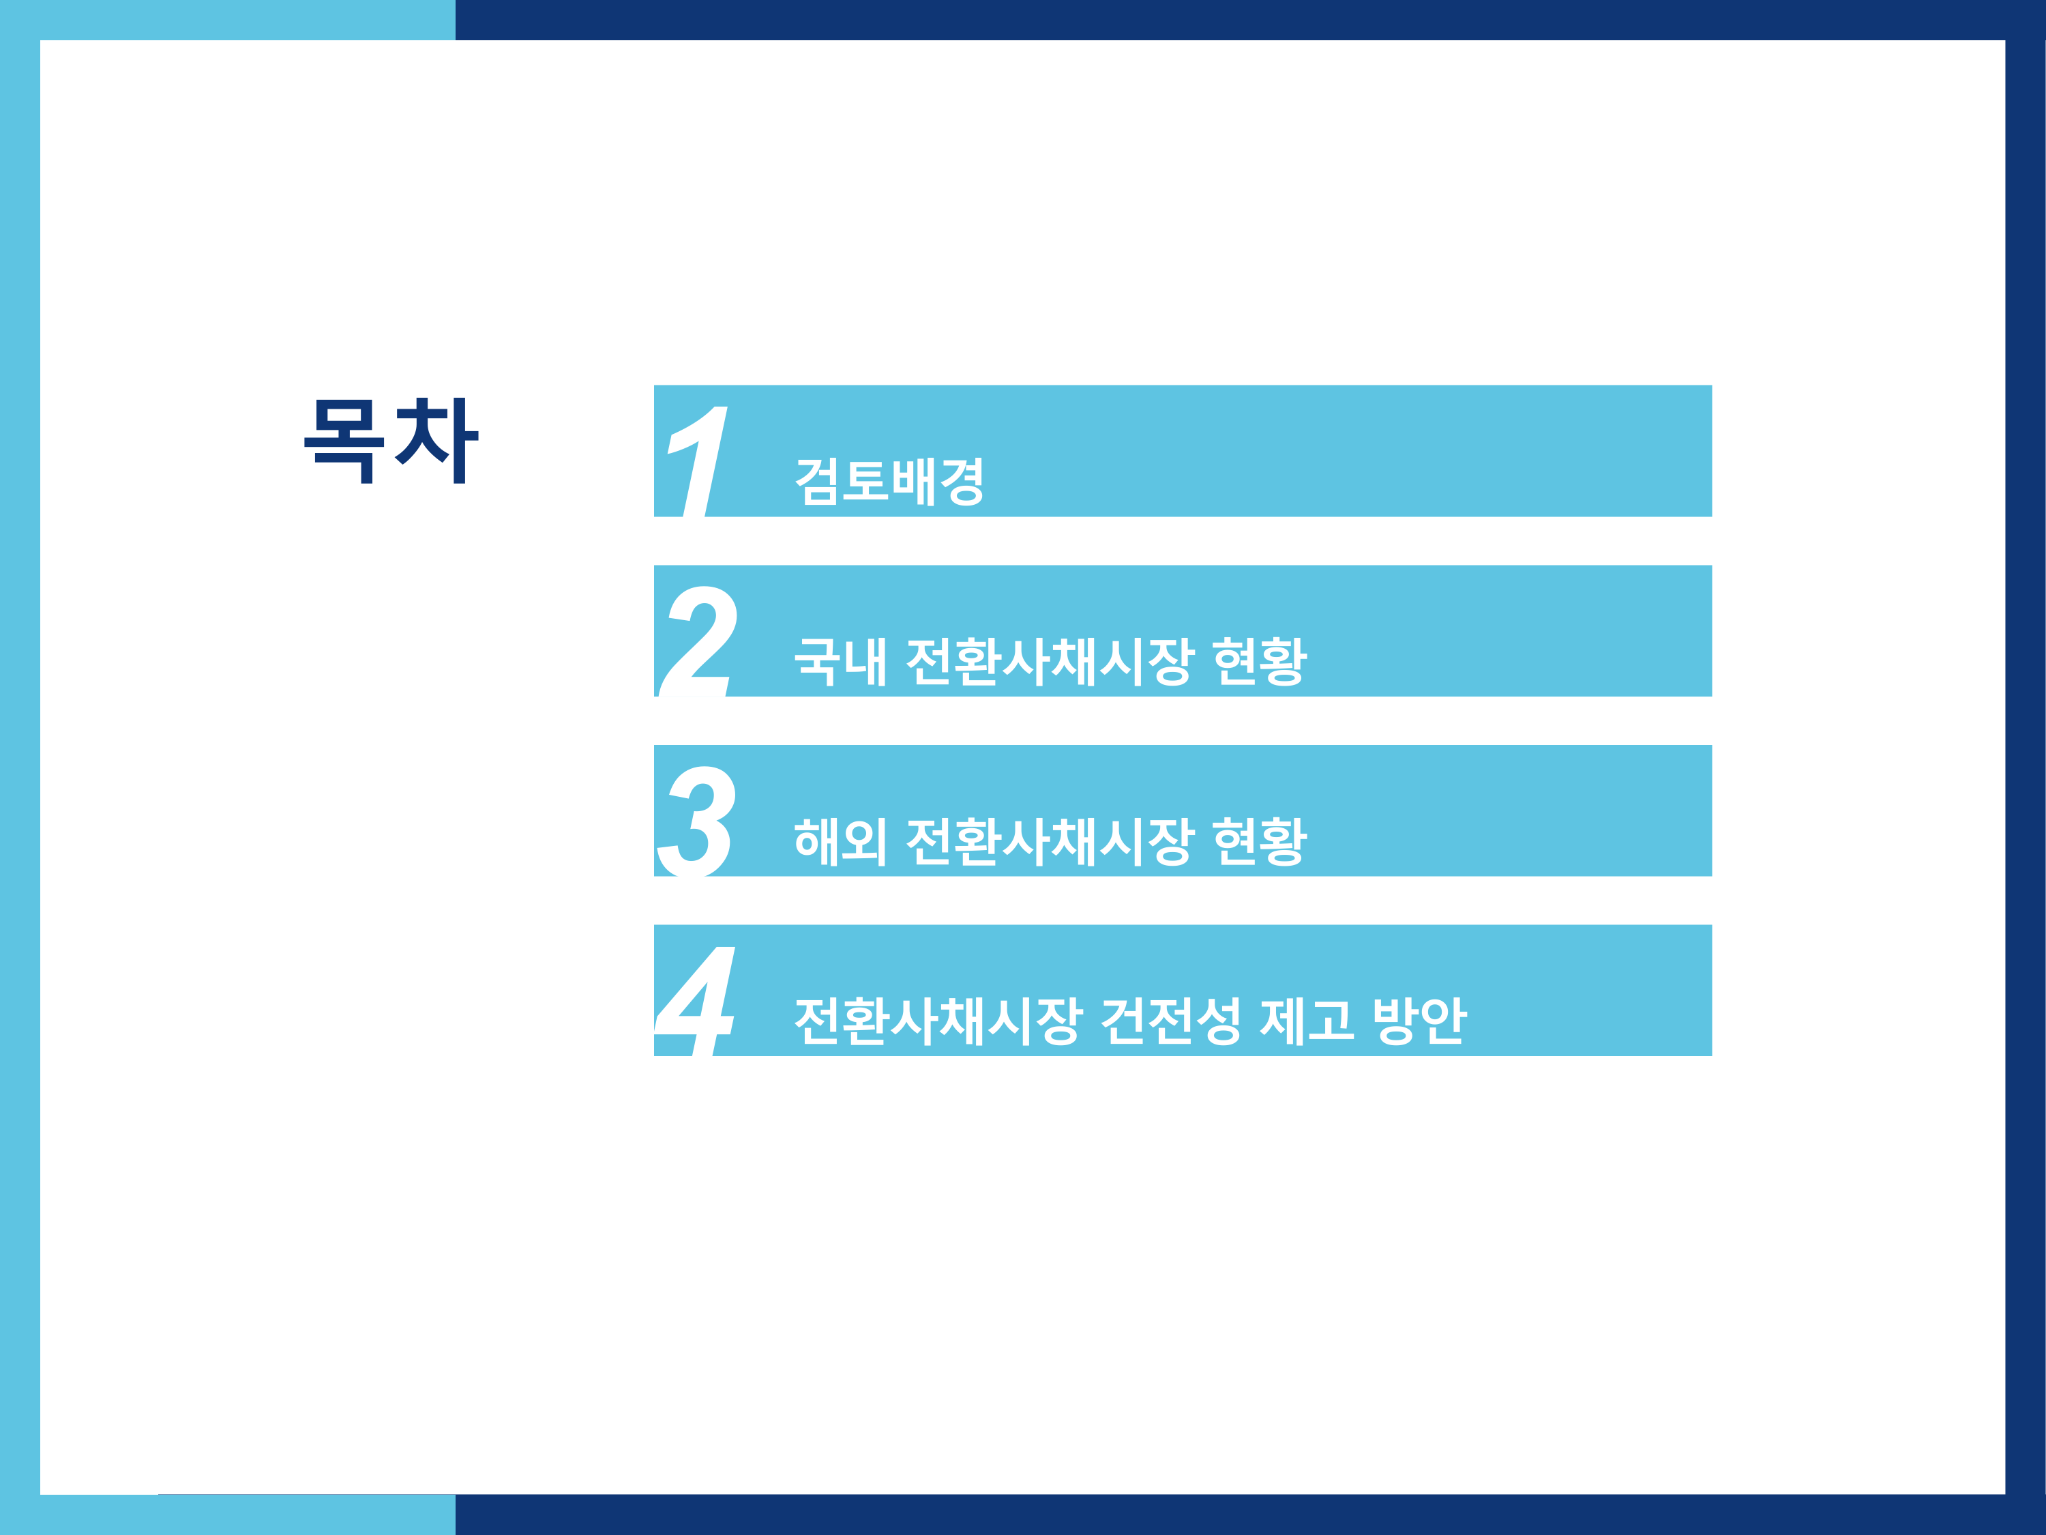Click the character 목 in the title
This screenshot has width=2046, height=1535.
coord(344,441)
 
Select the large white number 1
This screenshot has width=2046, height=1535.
coord(699,460)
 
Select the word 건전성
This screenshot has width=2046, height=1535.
coord(1171,1021)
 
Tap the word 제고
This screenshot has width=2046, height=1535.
coord(1307,1021)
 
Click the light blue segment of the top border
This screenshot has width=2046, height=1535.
coord(228,19)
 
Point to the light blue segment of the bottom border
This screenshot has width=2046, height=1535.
coord(228,1516)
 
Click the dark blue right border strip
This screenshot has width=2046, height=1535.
coord(2026,768)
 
